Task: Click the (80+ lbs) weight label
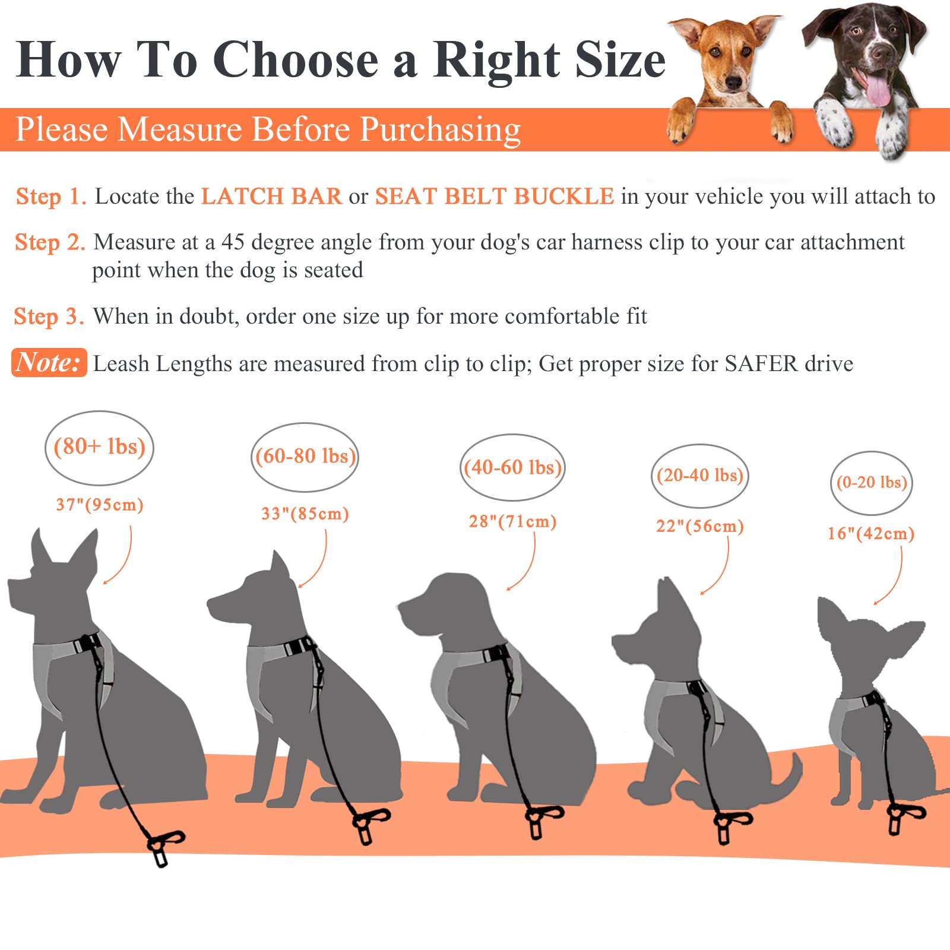tap(99, 447)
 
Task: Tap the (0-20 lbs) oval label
tap(871, 483)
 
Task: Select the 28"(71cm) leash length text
tap(512, 522)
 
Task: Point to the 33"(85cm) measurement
tap(305, 514)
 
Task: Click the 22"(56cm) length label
tap(699, 526)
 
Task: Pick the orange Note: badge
tap(49, 362)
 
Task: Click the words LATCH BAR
tap(271, 197)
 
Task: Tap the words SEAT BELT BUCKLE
tap(494, 197)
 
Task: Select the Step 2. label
tap(50, 243)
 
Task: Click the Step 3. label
tap(49, 317)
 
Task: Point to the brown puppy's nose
tap(734, 83)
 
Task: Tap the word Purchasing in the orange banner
tap(440, 130)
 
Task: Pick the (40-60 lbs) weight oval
tap(512, 468)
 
